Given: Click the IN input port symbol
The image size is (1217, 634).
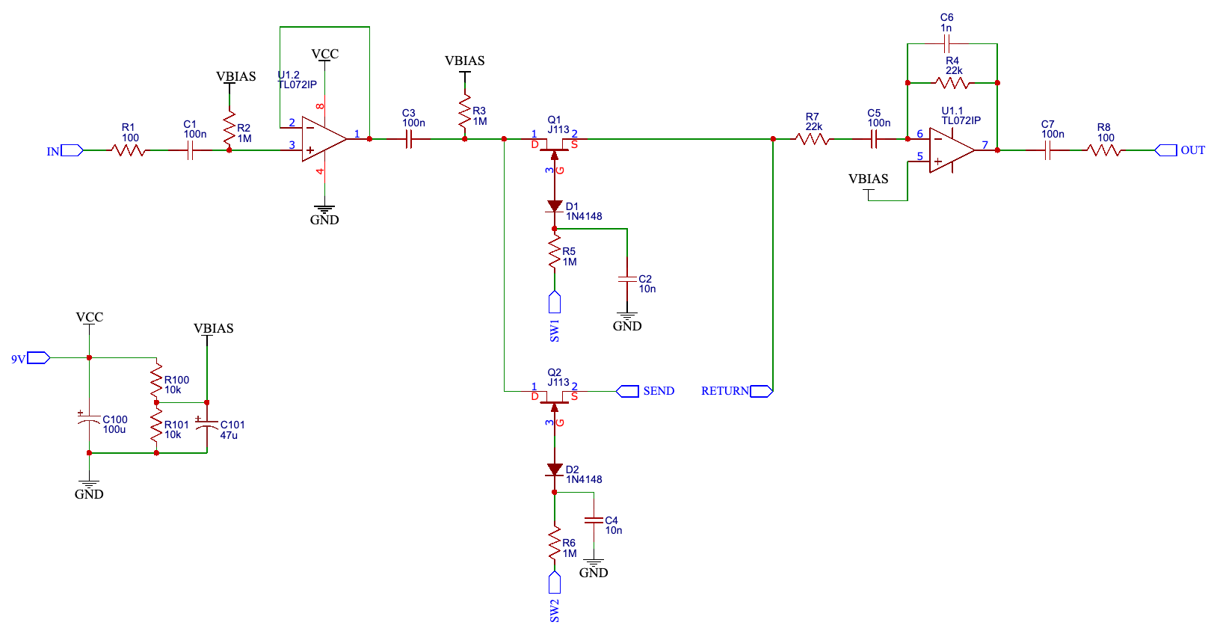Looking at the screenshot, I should (72, 150).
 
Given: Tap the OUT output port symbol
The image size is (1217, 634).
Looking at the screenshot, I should (1166, 150).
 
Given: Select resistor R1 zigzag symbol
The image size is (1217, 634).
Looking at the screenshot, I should (129, 150).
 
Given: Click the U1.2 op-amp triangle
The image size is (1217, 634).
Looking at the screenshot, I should (324, 139).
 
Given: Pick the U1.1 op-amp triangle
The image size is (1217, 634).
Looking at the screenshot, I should (951, 150).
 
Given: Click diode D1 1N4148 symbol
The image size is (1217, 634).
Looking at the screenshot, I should (555, 206).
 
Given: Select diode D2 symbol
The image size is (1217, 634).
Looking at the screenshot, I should (555, 470).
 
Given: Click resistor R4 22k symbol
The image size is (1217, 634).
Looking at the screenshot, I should (952, 83).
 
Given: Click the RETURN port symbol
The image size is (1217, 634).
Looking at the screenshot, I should (761, 391).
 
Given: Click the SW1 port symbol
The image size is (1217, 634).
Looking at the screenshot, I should (555, 302).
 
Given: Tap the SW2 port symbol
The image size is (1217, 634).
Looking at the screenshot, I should (555, 582).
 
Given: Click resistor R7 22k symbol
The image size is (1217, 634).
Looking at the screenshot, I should (813, 139).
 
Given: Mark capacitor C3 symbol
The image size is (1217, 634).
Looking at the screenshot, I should (409, 139).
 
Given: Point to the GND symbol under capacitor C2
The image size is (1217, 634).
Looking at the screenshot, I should (627, 318).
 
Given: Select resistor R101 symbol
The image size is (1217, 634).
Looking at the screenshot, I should (156, 424).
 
